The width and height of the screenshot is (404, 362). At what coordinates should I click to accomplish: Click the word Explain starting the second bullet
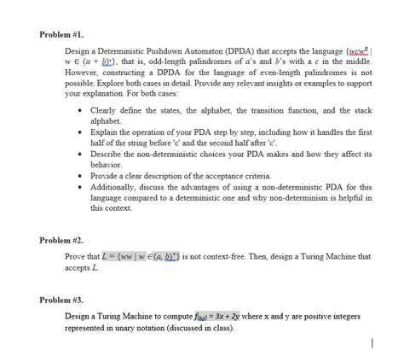tap(105, 135)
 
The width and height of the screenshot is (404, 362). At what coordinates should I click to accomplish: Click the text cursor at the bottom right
tap(372, 343)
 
